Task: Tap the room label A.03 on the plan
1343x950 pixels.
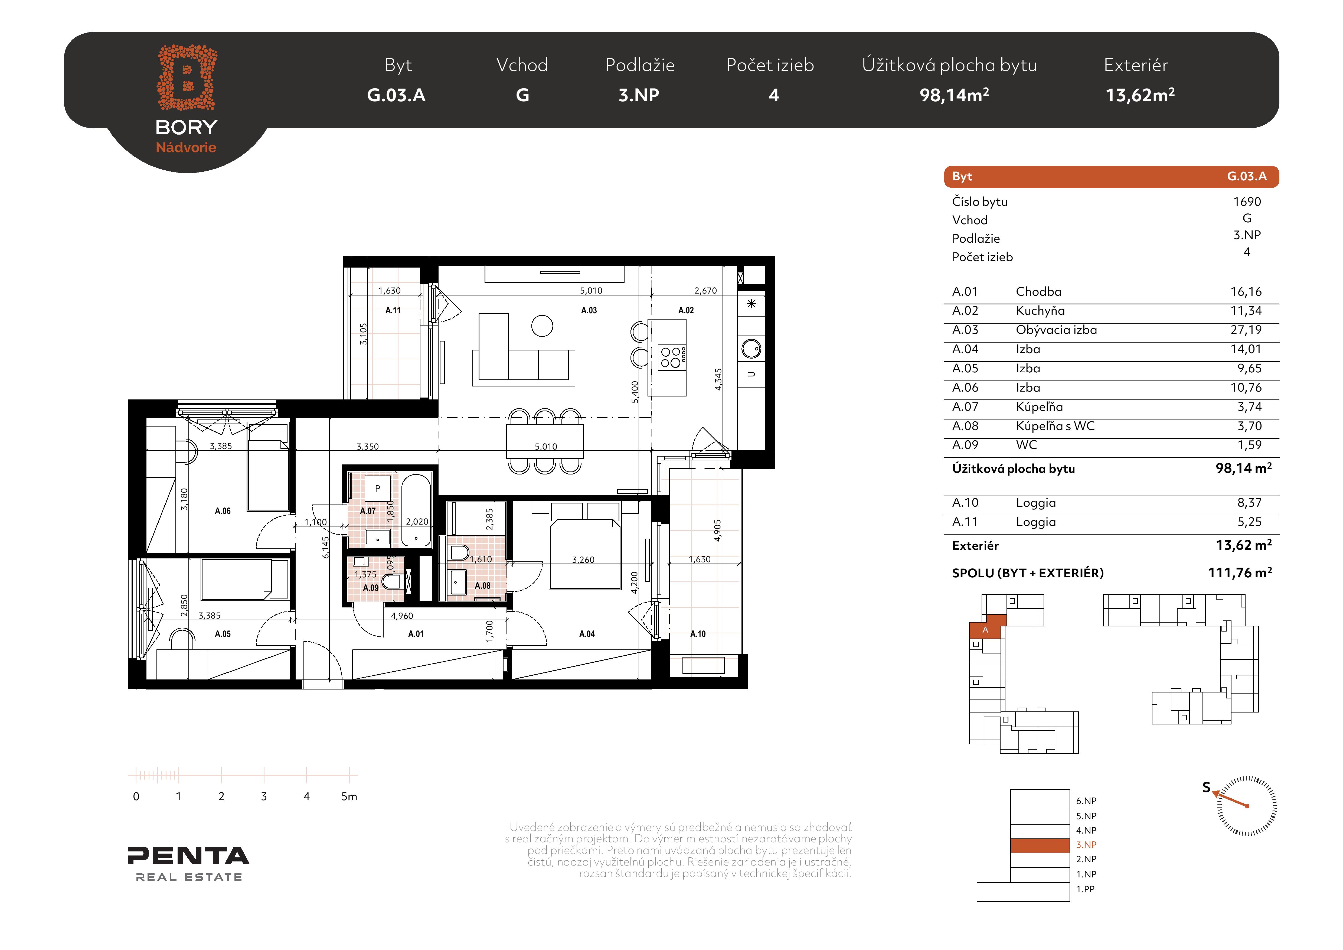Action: (x=589, y=310)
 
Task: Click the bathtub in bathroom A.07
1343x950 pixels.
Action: (x=416, y=510)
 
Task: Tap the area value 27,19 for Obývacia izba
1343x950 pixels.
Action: (x=1246, y=330)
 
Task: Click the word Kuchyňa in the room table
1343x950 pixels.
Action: (x=1040, y=311)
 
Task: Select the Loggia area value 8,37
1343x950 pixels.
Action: (x=1249, y=503)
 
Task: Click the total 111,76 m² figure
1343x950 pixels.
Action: (x=1240, y=573)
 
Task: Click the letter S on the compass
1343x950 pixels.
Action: (x=1206, y=787)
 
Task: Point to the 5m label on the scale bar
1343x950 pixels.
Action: (x=349, y=796)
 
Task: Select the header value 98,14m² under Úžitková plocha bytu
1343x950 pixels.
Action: (x=954, y=95)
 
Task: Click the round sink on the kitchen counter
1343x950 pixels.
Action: (x=751, y=349)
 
